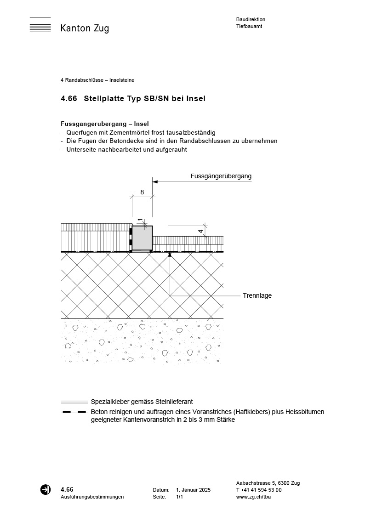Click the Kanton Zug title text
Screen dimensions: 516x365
(x=85, y=28)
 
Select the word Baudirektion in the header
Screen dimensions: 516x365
(x=251, y=19)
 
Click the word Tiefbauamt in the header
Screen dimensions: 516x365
(x=249, y=26)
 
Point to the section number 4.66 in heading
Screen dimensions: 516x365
(x=68, y=98)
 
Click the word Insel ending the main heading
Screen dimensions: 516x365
(x=196, y=98)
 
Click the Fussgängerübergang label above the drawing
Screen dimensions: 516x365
(x=221, y=176)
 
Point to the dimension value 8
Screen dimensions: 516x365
(x=142, y=193)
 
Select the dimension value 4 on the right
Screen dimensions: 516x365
(x=200, y=232)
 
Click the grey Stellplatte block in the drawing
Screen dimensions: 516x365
(x=143, y=238)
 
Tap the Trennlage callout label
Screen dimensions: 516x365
(x=257, y=295)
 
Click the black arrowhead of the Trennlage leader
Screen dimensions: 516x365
(x=170, y=254)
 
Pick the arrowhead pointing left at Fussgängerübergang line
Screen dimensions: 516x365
(x=155, y=182)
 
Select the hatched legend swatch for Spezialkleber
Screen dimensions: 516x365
(x=74, y=402)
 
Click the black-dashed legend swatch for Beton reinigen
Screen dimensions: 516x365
(x=74, y=412)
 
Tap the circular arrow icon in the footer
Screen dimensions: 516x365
(x=46, y=489)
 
